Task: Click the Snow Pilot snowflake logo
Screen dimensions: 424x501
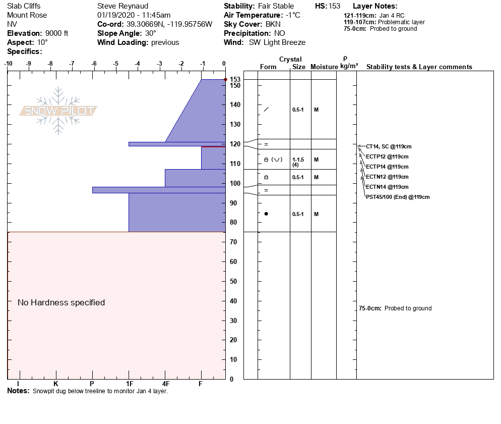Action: (58, 111)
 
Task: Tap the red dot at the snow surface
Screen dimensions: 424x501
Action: (225, 79)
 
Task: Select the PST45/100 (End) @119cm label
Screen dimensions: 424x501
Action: (398, 197)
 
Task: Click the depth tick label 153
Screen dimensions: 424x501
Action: (235, 80)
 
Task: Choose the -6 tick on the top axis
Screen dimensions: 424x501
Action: (93, 64)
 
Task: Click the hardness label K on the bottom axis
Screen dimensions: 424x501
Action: (55, 384)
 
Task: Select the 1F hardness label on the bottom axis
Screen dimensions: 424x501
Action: (129, 384)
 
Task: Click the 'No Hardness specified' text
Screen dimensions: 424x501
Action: (61, 302)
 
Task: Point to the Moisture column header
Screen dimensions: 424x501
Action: (323, 67)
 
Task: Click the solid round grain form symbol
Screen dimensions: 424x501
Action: (266, 214)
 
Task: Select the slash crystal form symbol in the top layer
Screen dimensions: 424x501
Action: (266, 109)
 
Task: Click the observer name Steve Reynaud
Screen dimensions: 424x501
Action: (122, 6)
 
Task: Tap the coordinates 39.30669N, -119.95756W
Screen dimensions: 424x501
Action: (169, 24)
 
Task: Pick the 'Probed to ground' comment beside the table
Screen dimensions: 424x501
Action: (408, 308)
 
